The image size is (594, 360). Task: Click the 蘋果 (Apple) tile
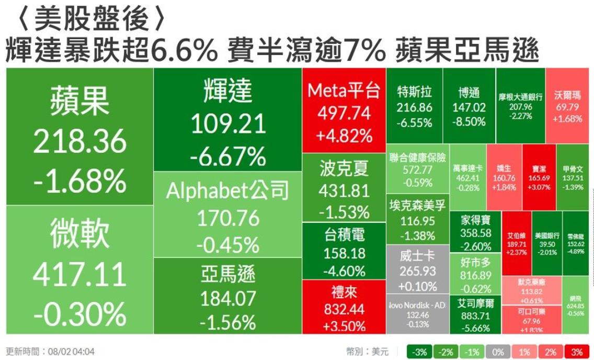click(79, 138)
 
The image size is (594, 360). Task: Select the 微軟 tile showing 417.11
click(79, 269)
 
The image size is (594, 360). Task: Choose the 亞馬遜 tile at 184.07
click(228, 296)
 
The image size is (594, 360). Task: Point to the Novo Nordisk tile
click(417, 315)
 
